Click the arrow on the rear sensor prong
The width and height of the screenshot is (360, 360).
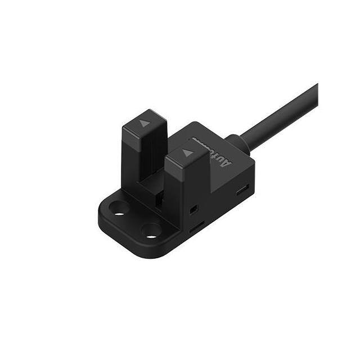145,123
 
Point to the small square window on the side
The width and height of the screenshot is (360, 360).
193,209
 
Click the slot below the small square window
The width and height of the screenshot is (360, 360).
196,228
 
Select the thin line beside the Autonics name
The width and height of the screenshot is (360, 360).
199,138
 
